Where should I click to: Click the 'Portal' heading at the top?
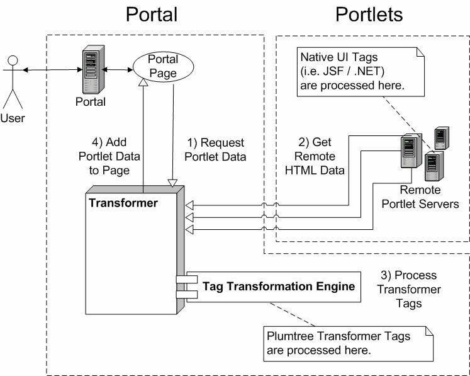(x=152, y=14)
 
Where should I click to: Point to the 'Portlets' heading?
(x=369, y=14)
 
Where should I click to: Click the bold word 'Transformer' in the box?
(x=123, y=203)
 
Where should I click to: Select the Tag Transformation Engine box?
(x=278, y=287)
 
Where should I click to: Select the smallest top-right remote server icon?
(x=442, y=137)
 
